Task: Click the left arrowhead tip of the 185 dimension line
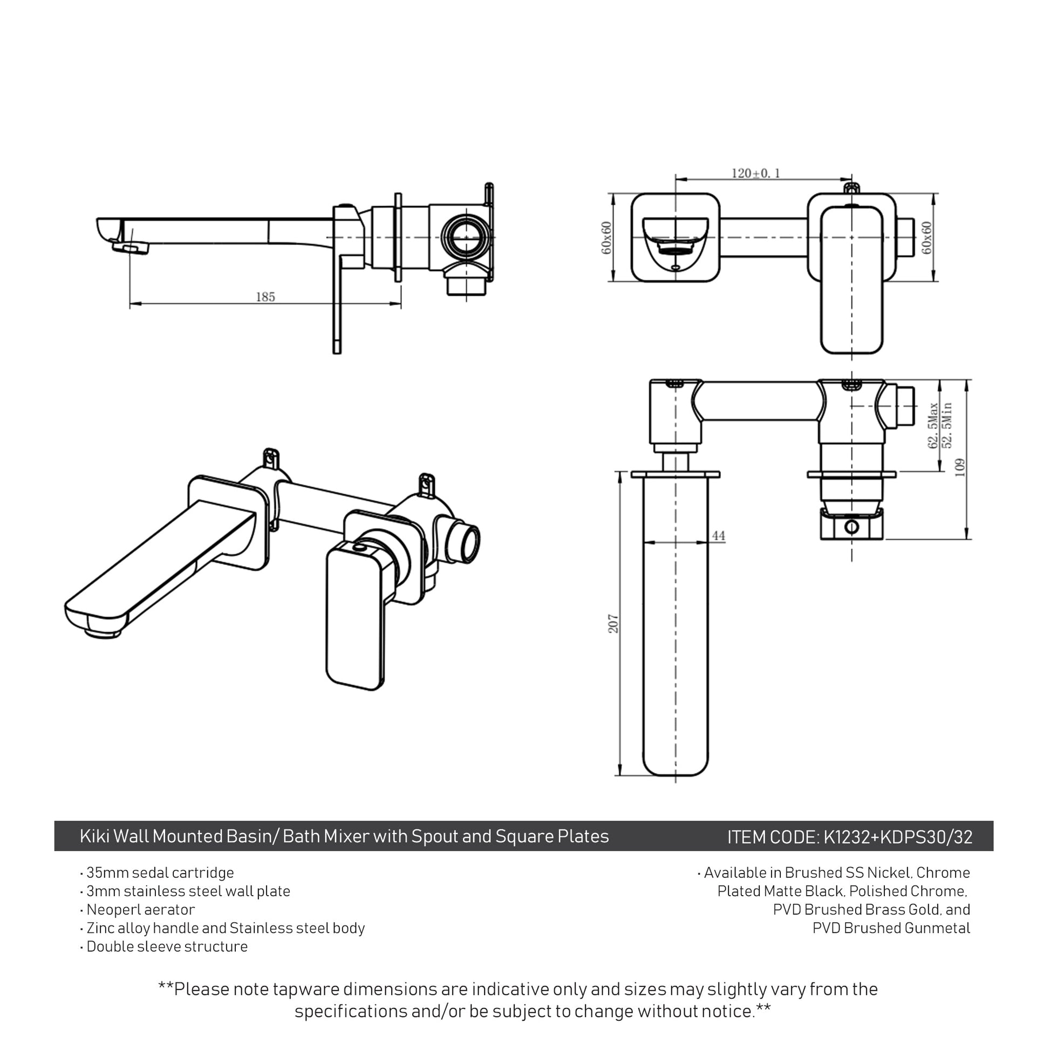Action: (131, 303)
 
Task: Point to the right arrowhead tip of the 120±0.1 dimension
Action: (851, 178)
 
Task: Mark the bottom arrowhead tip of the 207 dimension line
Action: (620, 775)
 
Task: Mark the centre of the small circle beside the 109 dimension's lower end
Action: (851, 526)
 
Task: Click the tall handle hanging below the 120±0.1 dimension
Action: (851, 280)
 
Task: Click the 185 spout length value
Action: (265, 297)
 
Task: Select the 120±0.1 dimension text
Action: (755, 173)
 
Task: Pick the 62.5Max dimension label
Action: (933, 426)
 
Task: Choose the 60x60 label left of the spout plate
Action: (606, 237)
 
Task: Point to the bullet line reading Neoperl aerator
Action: (138, 909)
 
